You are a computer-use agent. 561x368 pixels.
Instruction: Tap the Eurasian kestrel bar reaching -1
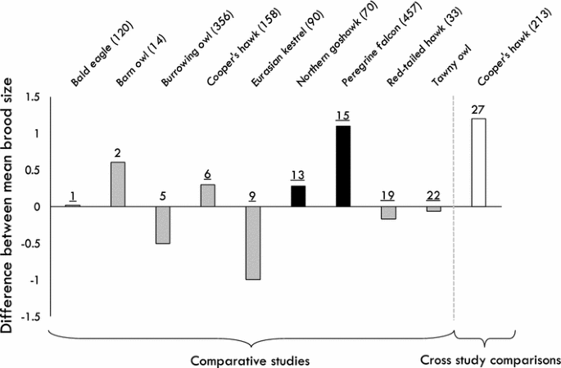[x=253, y=243]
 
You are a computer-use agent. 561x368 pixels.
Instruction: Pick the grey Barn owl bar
[x=118, y=184]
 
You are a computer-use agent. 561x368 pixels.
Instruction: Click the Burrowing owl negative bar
[x=163, y=225]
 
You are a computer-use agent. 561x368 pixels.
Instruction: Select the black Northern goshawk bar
[x=298, y=196]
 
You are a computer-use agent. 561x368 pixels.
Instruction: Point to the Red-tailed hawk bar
[x=388, y=213]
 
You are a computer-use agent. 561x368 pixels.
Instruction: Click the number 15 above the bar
[x=343, y=115]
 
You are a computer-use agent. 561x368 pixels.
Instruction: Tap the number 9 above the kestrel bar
[x=253, y=195]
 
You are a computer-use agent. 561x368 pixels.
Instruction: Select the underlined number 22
[x=433, y=195]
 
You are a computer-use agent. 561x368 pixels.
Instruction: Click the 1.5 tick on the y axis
[x=32, y=97]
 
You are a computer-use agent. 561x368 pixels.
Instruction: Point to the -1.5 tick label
[x=30, y=316]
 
